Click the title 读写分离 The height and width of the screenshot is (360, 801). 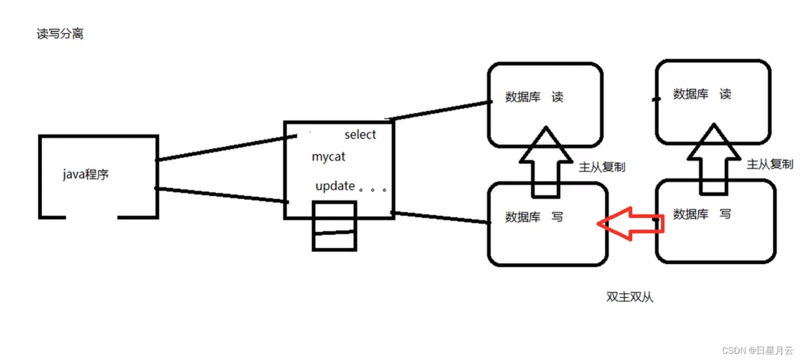[x=60, y=34]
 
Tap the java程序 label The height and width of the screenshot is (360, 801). [x=86, y=175]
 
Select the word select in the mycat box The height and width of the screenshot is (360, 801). [x=360, y=135]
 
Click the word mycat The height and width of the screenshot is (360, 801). [x=328, y=156]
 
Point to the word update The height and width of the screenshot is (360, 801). [x=335, y=187]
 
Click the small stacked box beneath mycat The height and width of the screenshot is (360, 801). [x=334, y=226]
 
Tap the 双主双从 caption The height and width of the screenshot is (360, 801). [x=629, y=297]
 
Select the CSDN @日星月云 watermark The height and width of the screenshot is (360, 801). [x=758, y=350]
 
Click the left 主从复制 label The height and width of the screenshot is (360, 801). [x=602, y=167]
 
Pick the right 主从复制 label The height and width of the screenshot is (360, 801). [x=770, y=164]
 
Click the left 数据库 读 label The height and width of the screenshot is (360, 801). [x=534, y=97]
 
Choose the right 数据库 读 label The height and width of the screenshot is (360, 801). [x=702, y=94]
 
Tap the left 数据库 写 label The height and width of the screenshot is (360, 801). [x=534, y=217]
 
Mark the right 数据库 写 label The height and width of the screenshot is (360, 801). [x=702, y=214]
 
